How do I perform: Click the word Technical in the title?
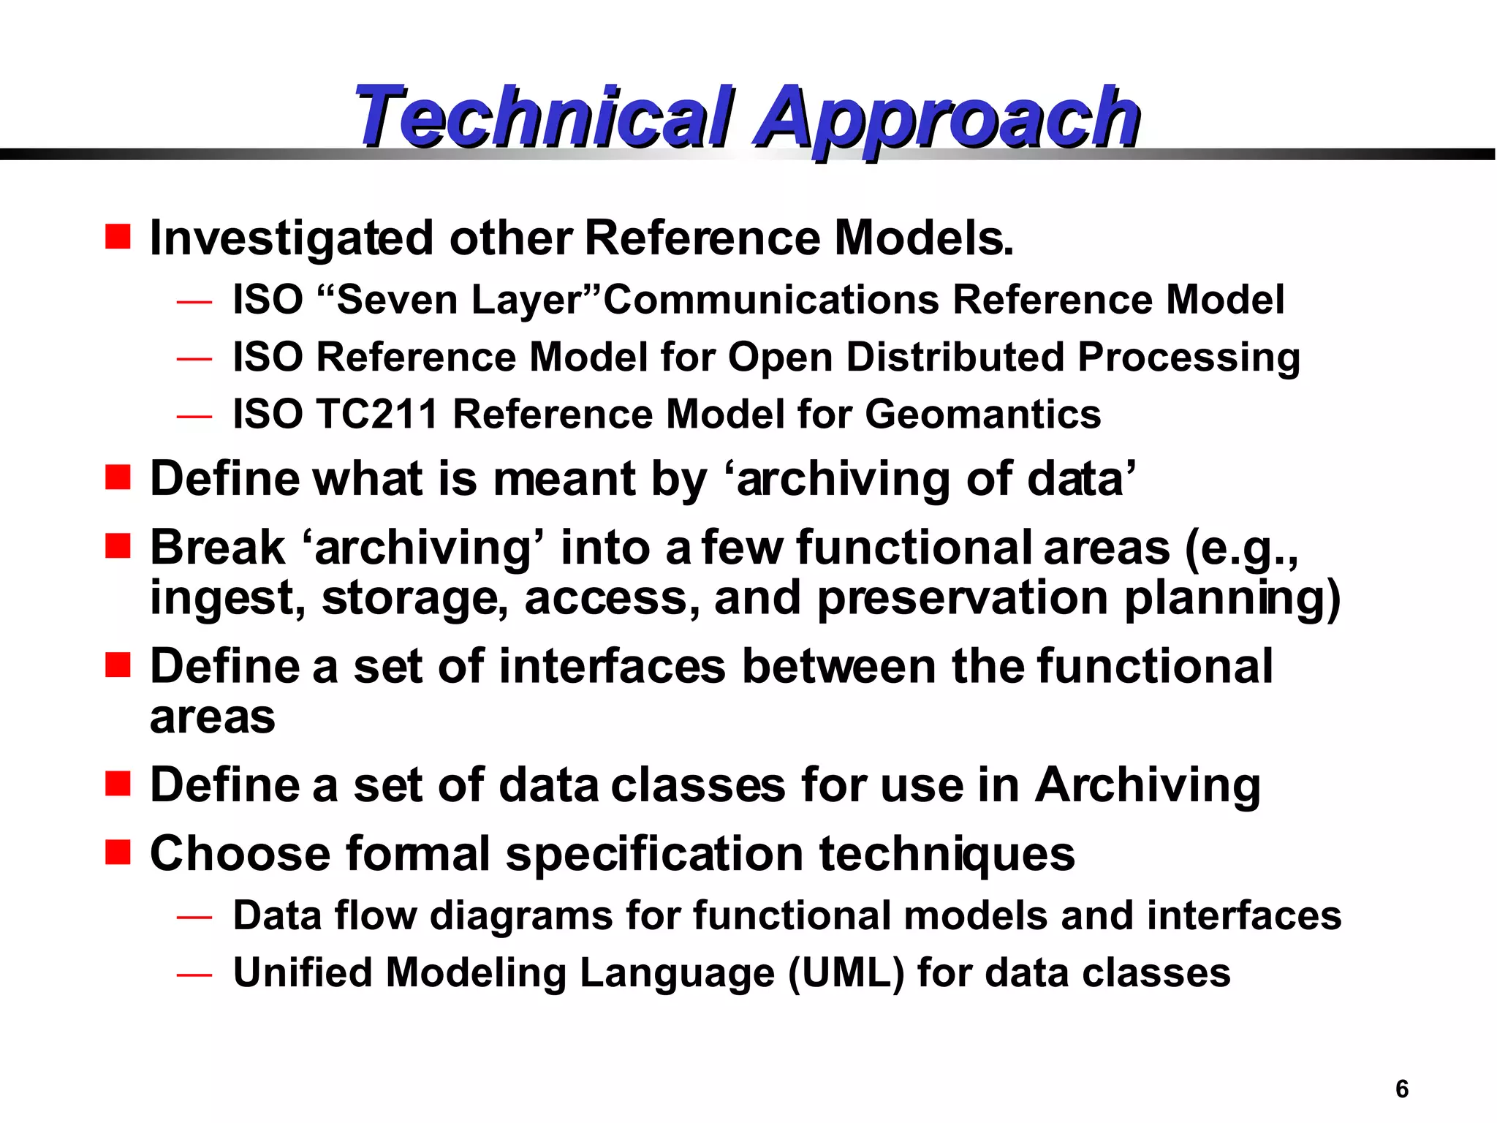point(545,117)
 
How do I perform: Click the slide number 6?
point(1401,1089)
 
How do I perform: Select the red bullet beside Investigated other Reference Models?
point(118,237)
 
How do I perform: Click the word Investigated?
point(291,239)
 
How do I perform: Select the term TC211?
point(376,415)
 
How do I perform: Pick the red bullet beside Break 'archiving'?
point(118,545)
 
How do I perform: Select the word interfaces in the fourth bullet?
point(613,667)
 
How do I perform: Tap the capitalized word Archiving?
point(1148,786)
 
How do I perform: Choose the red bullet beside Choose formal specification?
point(118,852)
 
